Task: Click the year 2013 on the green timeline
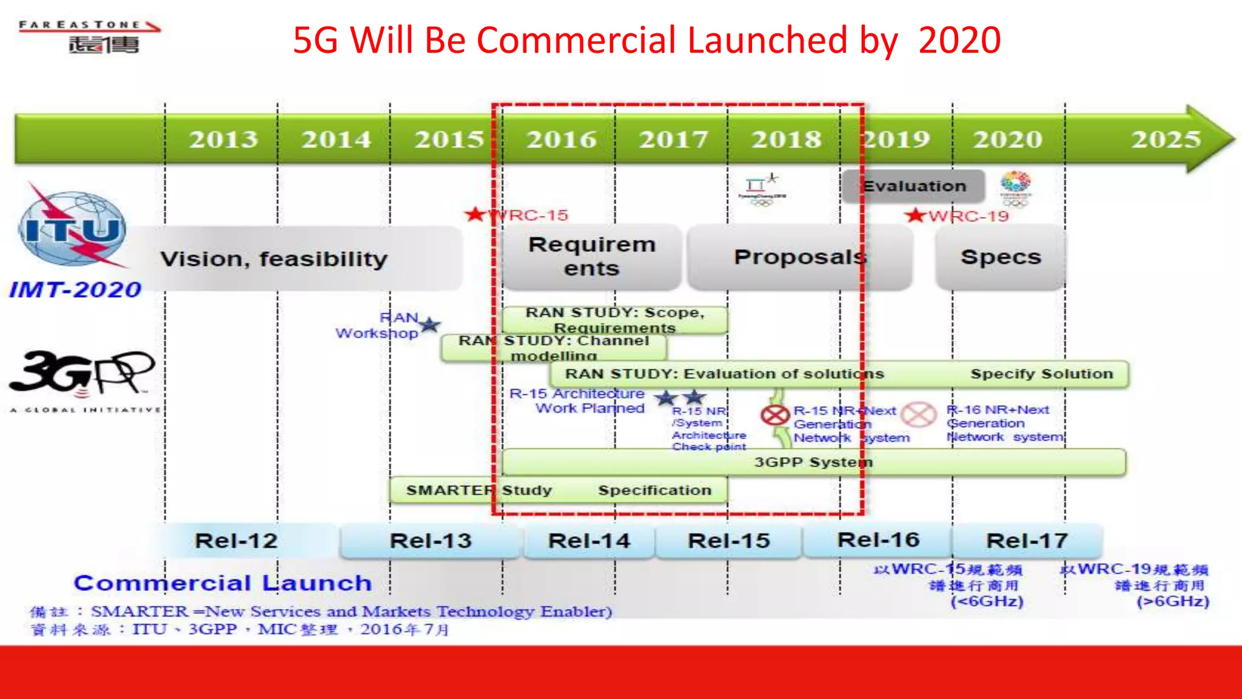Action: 223,140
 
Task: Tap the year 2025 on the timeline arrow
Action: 1166,140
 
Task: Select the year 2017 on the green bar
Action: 673,140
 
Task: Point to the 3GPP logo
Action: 82,373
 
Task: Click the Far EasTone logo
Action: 90,36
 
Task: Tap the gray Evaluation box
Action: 913,186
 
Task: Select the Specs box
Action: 1001,257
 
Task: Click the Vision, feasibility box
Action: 274,259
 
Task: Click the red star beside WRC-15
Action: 475,214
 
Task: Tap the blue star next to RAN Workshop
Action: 430,325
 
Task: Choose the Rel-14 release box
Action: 589,541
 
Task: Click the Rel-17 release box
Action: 1027,541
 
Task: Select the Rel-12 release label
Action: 236,541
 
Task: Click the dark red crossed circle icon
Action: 774,416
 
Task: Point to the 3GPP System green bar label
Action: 813,462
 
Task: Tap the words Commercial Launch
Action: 223,583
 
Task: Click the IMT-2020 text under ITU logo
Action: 75,290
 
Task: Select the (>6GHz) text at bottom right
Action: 1173,601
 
